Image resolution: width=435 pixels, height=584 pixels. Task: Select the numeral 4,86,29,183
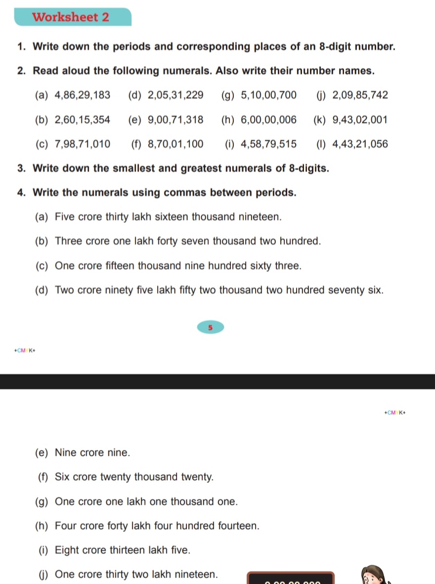coord(83,95)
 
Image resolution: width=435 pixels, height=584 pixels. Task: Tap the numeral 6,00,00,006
coord(268,120)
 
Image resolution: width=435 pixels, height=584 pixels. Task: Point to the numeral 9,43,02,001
coord(360,120)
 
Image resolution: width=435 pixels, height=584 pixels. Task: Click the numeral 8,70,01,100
coord(175,145)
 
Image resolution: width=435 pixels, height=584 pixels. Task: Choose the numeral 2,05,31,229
coord(175,95)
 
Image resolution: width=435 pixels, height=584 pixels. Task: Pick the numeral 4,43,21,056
coord(360,145)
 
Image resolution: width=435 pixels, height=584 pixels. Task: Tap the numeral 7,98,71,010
coord(83,145)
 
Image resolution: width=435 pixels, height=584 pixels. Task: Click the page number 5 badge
coord(210,328)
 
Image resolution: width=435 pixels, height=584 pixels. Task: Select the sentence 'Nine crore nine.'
coord(92,453)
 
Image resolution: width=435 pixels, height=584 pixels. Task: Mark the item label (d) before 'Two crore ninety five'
coord(42,290)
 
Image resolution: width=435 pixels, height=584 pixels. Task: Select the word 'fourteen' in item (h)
coord(239,526)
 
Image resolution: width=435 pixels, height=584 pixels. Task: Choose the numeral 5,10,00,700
coord(268,95)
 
